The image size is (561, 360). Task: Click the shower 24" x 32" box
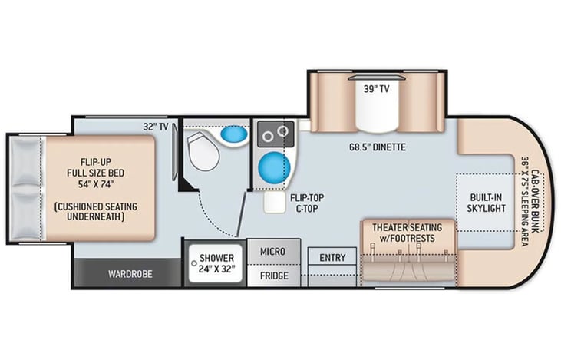[x=214, y=263]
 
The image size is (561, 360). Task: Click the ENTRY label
[x=332, y=258]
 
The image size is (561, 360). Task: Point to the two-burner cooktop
[x=274, y=135]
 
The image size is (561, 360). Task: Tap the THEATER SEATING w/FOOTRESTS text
[x=407, y=233]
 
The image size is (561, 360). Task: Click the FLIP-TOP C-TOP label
[x=306, y=202]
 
